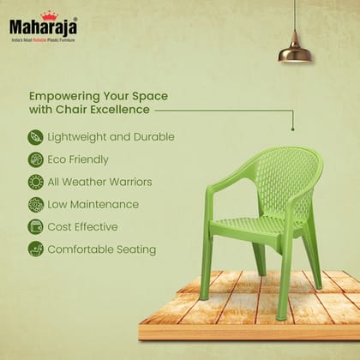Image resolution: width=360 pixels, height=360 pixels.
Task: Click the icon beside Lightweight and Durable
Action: (x=35, y=137)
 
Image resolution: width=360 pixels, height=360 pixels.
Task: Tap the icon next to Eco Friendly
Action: (x=35, y=159)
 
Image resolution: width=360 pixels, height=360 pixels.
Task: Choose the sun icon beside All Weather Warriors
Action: (x=35, y=182)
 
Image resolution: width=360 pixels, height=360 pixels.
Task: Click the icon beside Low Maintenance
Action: (x=35, y=204)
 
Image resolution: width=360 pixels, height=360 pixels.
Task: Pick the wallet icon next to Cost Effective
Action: (x=35, y=227)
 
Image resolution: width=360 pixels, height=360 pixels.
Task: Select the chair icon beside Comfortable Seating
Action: (x=35, y=249)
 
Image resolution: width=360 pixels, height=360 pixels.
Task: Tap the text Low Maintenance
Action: (x=93, y=205)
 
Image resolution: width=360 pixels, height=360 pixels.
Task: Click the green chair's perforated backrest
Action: (x=274, y=180)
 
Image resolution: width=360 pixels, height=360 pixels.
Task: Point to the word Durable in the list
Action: (x=154, y=137)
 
